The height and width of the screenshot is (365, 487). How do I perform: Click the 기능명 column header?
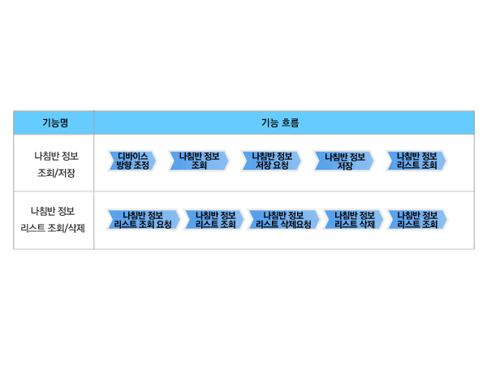coord(55,122)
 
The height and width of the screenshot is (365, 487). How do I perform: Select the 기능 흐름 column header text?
coord(280,122)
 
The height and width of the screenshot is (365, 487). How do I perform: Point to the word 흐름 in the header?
coord(290,122)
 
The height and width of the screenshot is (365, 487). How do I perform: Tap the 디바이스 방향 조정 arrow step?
coord(131,161)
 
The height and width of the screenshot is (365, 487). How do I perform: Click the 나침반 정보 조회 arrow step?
coord(199,161)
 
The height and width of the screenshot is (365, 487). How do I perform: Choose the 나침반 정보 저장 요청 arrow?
coord(271,161)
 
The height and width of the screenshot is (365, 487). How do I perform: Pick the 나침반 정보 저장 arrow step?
coord(344,161)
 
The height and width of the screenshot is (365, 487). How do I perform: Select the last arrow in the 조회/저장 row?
coord(416,161)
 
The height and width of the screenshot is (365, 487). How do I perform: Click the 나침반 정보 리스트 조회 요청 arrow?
coord(143,220)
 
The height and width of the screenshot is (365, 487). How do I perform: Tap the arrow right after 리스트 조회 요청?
coord(214,220)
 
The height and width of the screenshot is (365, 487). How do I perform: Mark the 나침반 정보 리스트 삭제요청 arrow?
coord(283,220)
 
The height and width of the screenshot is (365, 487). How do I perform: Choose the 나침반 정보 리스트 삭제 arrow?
coord(353,220)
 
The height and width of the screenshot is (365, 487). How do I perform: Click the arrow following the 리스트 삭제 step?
coord(417,220)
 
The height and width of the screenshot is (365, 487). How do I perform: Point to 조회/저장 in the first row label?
coord(56,173)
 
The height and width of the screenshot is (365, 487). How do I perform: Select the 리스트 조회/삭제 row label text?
coord(53,228)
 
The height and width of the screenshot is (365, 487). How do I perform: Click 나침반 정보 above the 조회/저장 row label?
coord(56,156)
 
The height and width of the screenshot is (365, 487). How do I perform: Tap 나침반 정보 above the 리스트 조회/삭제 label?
coord(53,211)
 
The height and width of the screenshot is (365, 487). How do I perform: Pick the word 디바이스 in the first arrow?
coord(132,156)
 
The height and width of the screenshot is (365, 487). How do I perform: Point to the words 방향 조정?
coord(132,165)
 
